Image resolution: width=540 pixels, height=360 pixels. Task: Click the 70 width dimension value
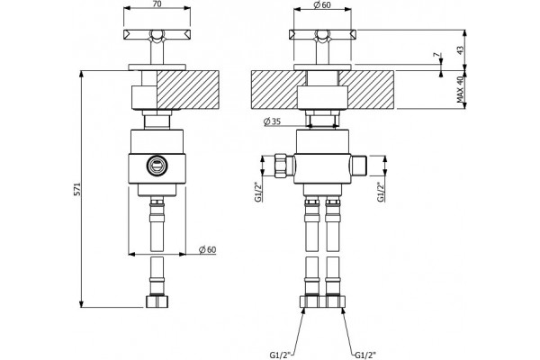[x=157, y=4]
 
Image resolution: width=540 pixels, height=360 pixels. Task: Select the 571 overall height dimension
[x=77, y=189]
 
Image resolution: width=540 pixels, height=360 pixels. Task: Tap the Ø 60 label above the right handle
[x=322, y=4]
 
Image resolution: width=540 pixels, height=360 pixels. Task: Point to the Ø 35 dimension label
[x=272, y=121]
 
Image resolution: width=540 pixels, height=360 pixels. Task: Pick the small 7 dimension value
[x=436, y=55]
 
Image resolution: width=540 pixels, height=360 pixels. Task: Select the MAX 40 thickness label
[x=461, y=90]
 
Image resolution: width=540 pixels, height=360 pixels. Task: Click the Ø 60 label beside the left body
[x=208, y=249]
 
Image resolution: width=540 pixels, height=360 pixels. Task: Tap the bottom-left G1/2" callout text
[x=280, y=354]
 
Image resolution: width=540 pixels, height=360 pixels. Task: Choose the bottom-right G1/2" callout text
[x=365, y=354]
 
